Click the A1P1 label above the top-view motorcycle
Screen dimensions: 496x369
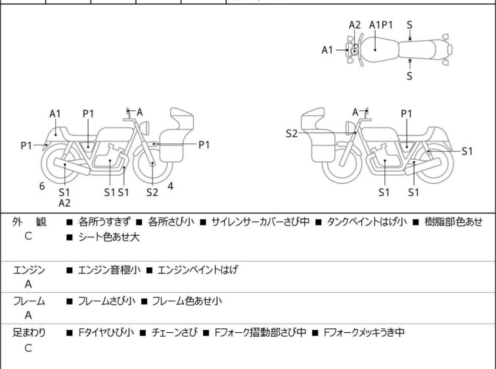(381, 25)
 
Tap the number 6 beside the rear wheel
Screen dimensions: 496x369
(42, 186)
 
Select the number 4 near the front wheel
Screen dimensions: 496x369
(171, 186)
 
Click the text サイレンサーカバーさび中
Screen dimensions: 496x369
(260, 222)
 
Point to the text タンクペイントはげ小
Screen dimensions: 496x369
(367, 222)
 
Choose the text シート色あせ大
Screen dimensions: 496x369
(109, 237)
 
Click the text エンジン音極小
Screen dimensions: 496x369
(109, 270)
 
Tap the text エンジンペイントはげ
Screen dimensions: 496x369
(197, 270)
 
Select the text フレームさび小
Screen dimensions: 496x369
(106, 301)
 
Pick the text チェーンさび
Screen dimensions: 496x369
(175, 332)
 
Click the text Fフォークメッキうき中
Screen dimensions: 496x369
(364, 332)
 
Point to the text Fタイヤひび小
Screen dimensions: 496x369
(106, 332)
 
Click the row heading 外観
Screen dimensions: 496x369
(29, 222)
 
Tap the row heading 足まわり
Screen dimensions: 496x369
(29, 332)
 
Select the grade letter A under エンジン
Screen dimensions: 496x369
(28, 284)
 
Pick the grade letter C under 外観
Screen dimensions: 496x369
(28, 236)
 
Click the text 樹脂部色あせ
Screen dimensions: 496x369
(453, 222)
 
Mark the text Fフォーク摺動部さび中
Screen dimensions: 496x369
(260, 332)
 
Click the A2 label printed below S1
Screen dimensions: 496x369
(64, 203)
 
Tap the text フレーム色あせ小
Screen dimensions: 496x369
(187, 301)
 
